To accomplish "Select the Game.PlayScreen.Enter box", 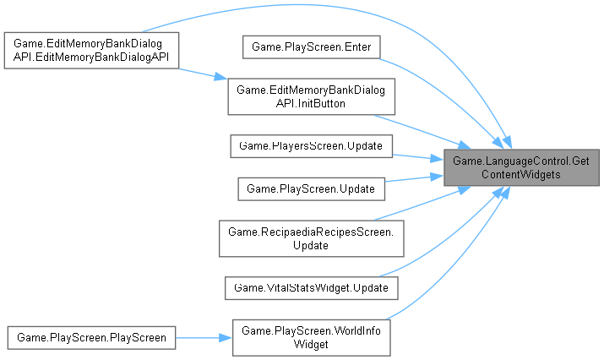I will (312, 46).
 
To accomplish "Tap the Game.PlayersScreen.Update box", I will (312, 146).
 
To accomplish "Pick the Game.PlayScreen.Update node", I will (312, 188).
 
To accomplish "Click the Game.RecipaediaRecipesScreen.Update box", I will (312, 237).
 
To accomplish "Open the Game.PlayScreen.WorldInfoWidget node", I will (312, 337).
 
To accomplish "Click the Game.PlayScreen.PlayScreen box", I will (91, 337).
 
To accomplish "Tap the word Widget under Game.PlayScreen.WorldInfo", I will (312, 344).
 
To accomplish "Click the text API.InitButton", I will (312, 103).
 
